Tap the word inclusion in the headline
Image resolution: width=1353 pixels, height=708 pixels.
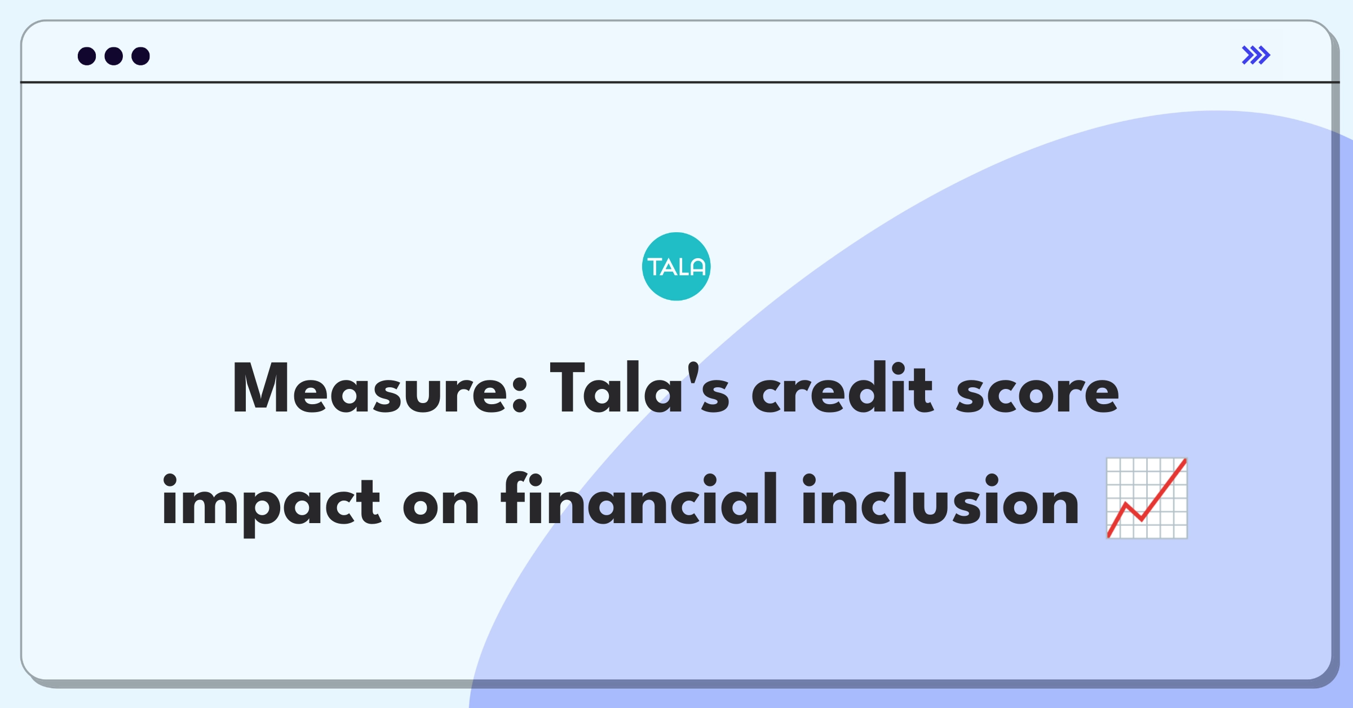click(940, 498)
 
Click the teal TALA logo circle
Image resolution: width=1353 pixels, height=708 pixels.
click(676, 267)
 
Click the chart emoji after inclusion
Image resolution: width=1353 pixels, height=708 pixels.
click(1147, 498)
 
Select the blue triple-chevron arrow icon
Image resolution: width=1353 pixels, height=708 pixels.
click(1256, 55)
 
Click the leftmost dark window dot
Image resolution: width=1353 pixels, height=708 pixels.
click(87, 56)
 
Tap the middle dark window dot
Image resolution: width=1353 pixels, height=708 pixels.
click(114, 56)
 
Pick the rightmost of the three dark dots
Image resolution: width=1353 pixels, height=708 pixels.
click(141, 56)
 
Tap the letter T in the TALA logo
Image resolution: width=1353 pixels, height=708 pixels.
click(656, 267)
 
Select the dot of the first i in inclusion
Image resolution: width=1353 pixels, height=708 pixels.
click(810, 480)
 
